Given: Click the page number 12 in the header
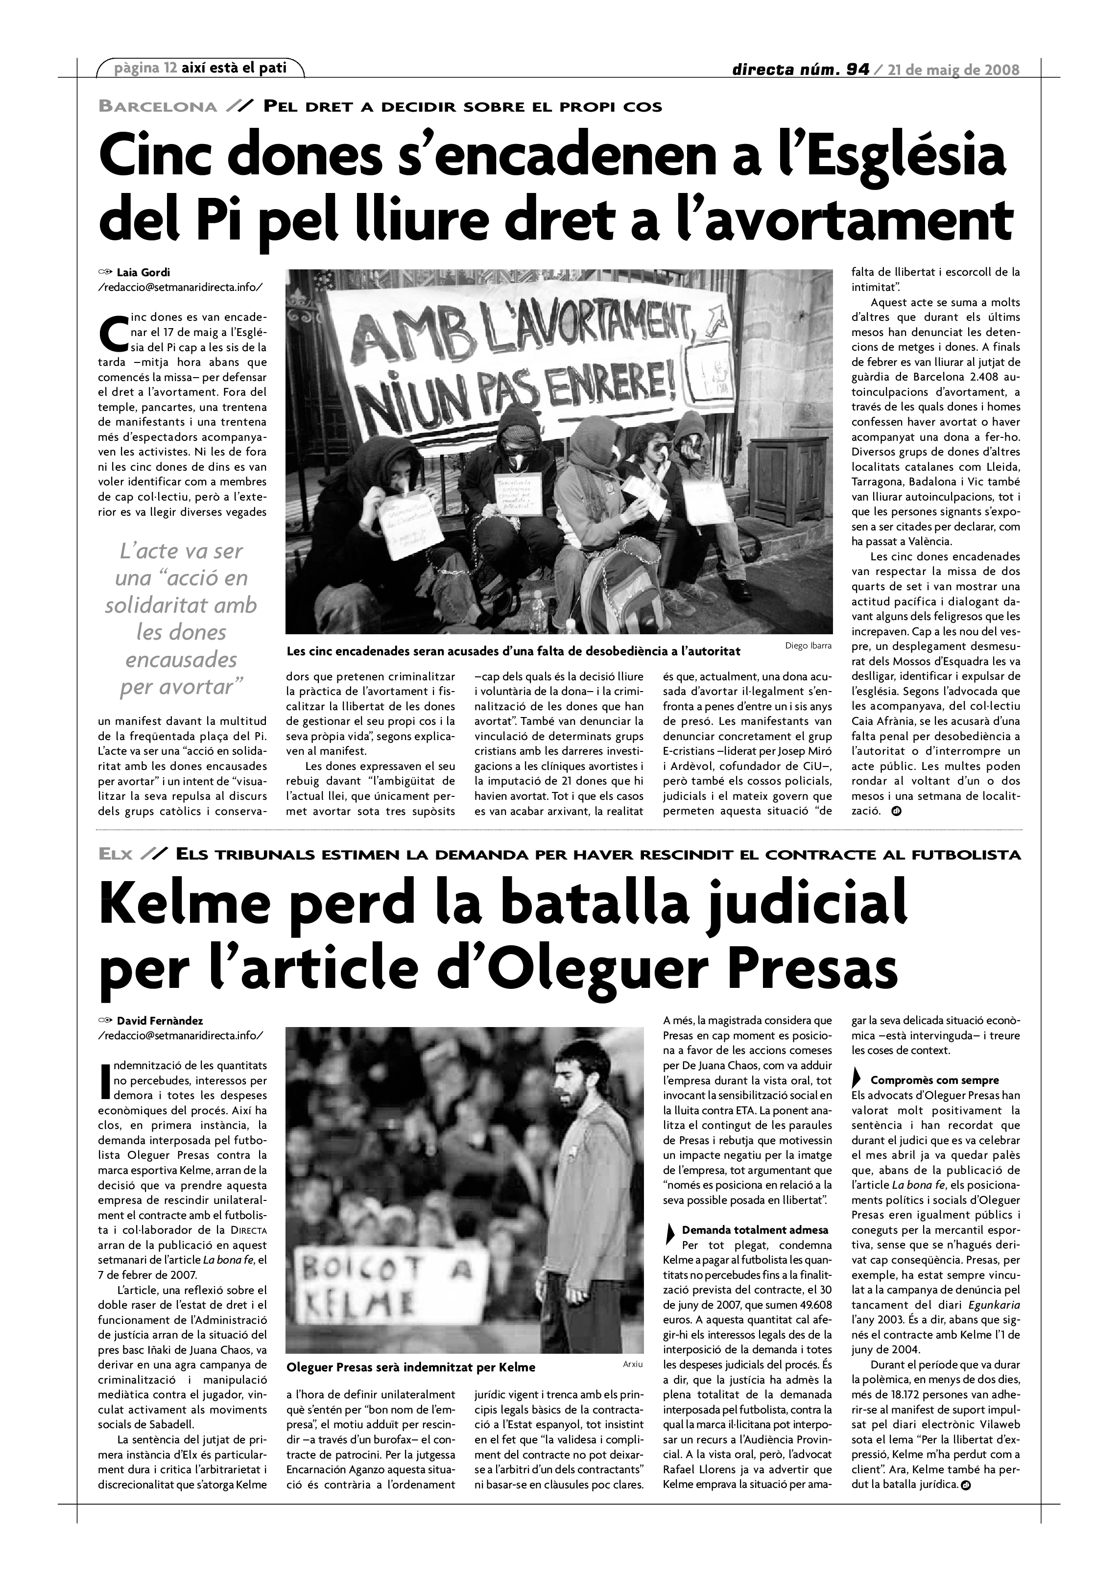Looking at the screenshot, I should (170, 68).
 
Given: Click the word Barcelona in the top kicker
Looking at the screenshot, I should (158, 107).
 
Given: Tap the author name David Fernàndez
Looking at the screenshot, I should (160, 1021).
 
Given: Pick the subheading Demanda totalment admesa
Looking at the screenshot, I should (755, 1230).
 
